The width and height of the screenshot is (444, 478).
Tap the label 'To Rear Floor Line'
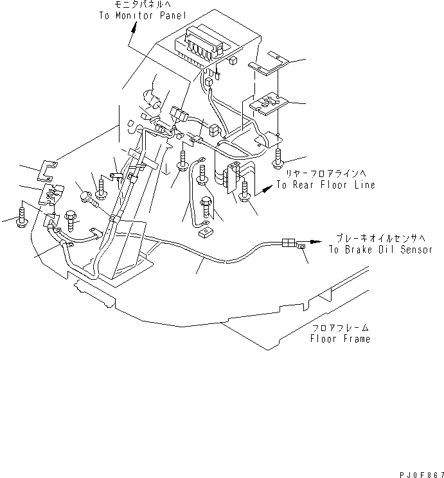pyautogui.click(x=326, y=184)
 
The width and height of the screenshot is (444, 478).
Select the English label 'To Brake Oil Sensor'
pyautogui.click(x=380, y=250)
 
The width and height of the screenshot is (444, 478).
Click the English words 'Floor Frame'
pyautogui.click(x=340, y=338)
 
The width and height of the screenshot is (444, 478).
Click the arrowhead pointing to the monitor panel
pyautogui.click(x=134, y=26)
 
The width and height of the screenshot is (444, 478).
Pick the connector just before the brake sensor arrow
pyautogui.click(x=289, y=243)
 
